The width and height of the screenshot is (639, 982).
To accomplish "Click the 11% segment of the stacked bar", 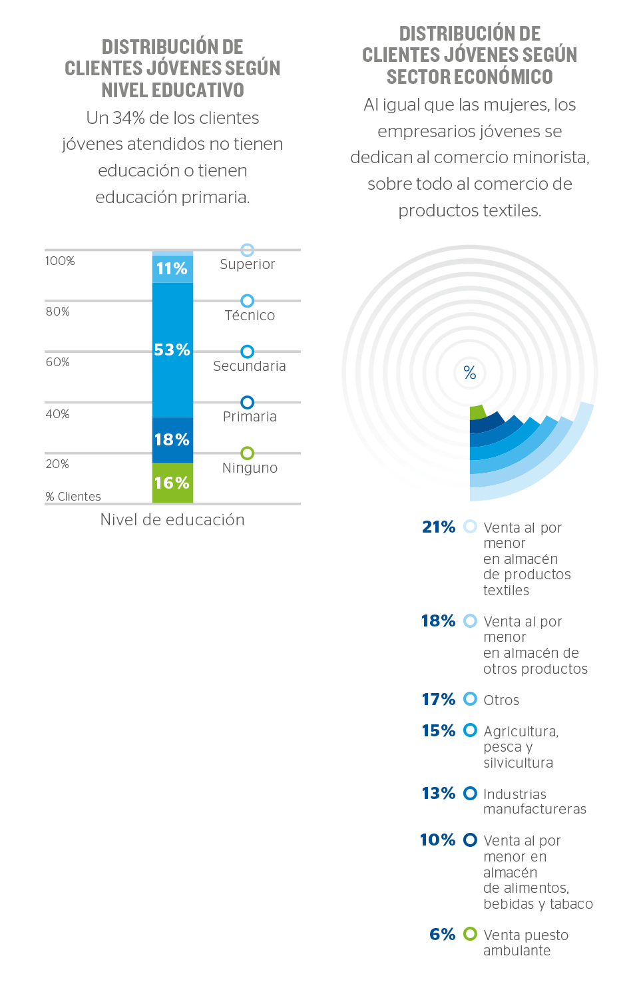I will coord(172,268).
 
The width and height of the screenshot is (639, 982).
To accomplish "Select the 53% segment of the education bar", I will coord(172,350).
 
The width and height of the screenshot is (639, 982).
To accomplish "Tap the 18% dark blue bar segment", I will coord(172,439).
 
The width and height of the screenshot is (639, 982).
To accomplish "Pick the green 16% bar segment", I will coord(172,483).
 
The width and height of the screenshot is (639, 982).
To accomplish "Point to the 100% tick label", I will coord(60,261).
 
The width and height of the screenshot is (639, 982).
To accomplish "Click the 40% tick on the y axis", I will coord(58,414).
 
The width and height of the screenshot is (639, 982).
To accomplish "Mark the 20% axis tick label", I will coord(57,464).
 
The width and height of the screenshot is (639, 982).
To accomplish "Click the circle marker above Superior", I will coord(247,250).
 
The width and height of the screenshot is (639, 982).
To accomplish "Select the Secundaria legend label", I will coord(250,366).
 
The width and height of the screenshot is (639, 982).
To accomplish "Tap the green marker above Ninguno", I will coord(247,453).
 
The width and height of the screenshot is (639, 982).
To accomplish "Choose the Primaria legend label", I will coord(250,417).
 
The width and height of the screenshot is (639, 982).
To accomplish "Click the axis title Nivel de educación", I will coord(172,520).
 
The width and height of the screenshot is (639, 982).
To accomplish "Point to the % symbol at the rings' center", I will coord(470,373).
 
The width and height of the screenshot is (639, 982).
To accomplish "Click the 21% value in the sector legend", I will coord(439,527).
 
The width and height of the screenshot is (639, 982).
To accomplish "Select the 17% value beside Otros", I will coord(439,700).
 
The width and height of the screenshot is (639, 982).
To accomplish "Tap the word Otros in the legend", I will coord(501,700).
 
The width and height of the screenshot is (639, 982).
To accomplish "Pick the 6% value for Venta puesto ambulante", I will coord(443,935).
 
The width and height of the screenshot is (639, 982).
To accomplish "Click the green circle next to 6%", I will coord(471,934).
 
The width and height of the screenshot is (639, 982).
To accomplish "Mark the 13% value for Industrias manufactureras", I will coord(439,794).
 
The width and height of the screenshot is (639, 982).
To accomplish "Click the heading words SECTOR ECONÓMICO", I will coord(470,77).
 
